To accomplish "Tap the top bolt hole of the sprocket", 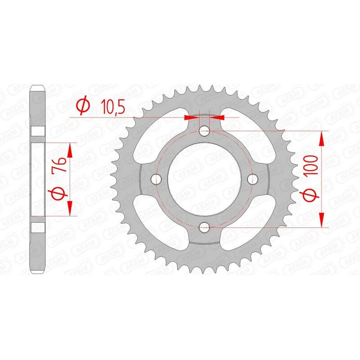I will click(205, 131).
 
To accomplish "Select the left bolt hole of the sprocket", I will click(157, 179).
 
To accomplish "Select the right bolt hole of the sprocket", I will click(253, 179).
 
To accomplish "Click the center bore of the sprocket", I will click(205, 179).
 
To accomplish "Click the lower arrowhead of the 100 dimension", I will click(322, 220).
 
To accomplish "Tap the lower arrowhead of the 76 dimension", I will click(70, 207).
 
